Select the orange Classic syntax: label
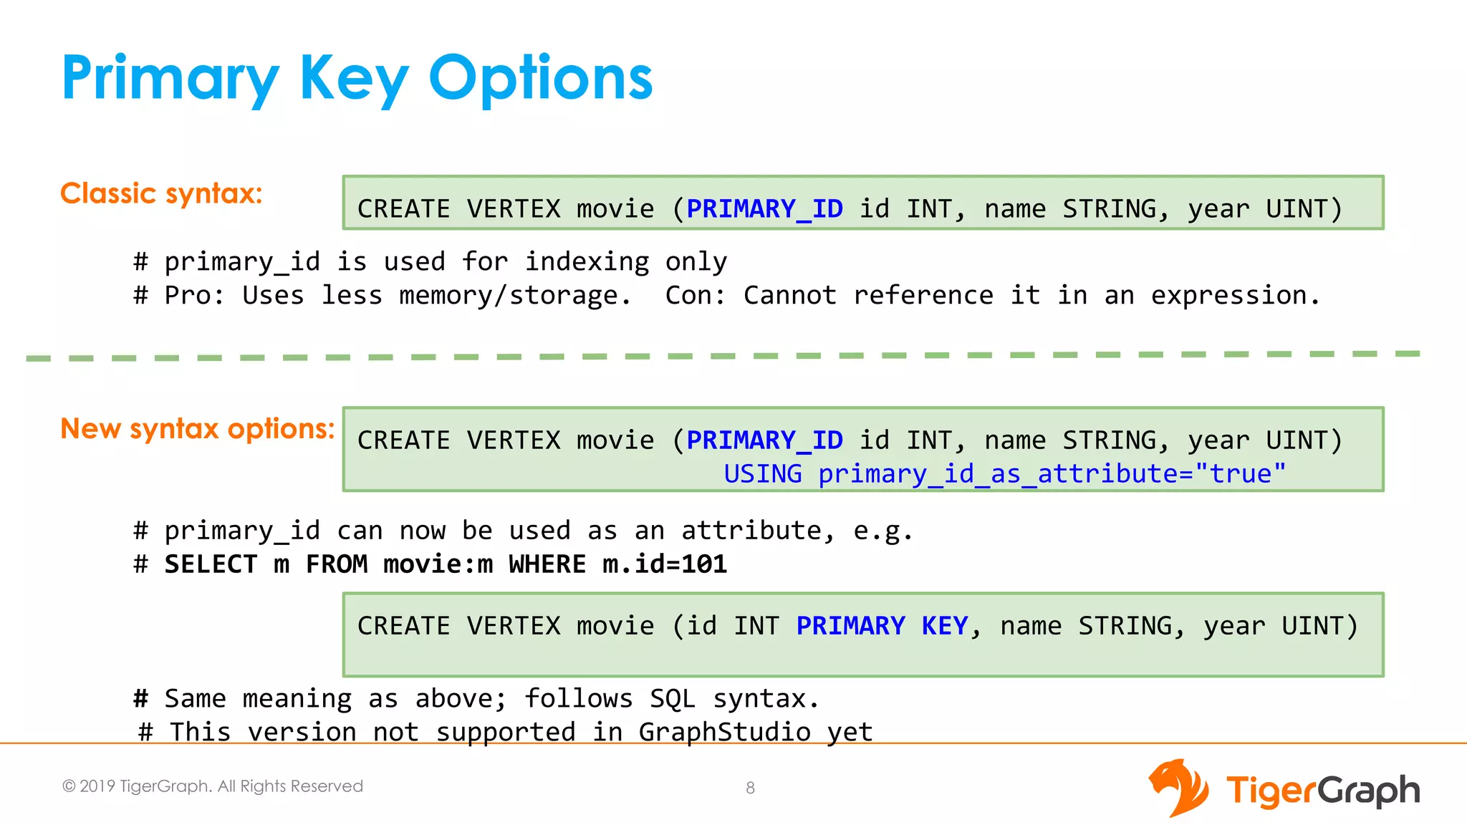(x=161, y=193)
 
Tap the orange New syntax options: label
(x=197, y=429)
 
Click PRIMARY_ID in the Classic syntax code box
(x=764, y=208)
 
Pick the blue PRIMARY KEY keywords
(x=882, y=626)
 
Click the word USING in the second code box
(x=762, y=474)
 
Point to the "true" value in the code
(x=1241, y=474)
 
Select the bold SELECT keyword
(x=211, y=564)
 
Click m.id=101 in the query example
(x=665, y=564)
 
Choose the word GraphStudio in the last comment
(x=724, y=732)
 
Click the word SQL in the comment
(x=673, y=698)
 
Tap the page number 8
(x=750, y=788)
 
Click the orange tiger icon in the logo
(x=1178, y=788)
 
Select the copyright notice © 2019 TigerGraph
(x=212, y=786)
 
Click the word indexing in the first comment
(x=587, y=262)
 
